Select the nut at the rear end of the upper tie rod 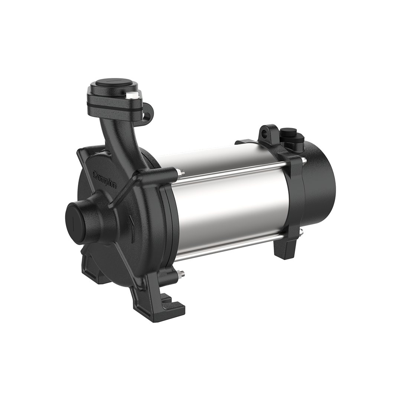pos(303,160)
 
